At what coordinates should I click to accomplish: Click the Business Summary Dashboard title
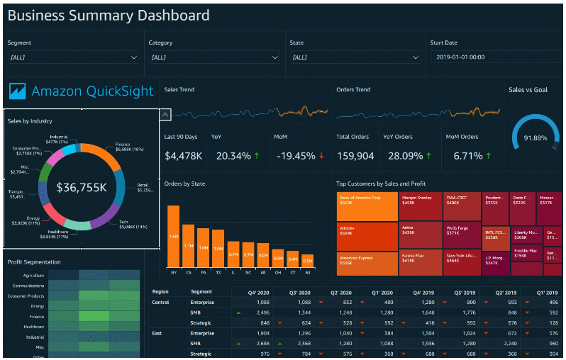(109, 15)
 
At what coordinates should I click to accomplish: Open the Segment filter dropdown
(74, 57)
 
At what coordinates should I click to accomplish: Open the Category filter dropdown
(214, 57)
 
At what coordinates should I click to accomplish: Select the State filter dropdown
(355, 57)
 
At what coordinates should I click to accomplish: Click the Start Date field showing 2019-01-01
(494, 57)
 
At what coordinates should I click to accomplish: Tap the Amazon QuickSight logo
(82, 91)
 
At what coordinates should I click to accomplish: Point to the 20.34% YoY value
(232, 156)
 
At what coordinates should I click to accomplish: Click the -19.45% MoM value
(295, 156)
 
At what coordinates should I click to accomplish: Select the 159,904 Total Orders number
(355, 156)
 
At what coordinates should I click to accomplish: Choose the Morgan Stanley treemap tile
(420, 205)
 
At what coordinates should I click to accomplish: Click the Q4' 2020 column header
(257, 292)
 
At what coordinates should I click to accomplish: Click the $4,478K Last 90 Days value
(184, 156)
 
